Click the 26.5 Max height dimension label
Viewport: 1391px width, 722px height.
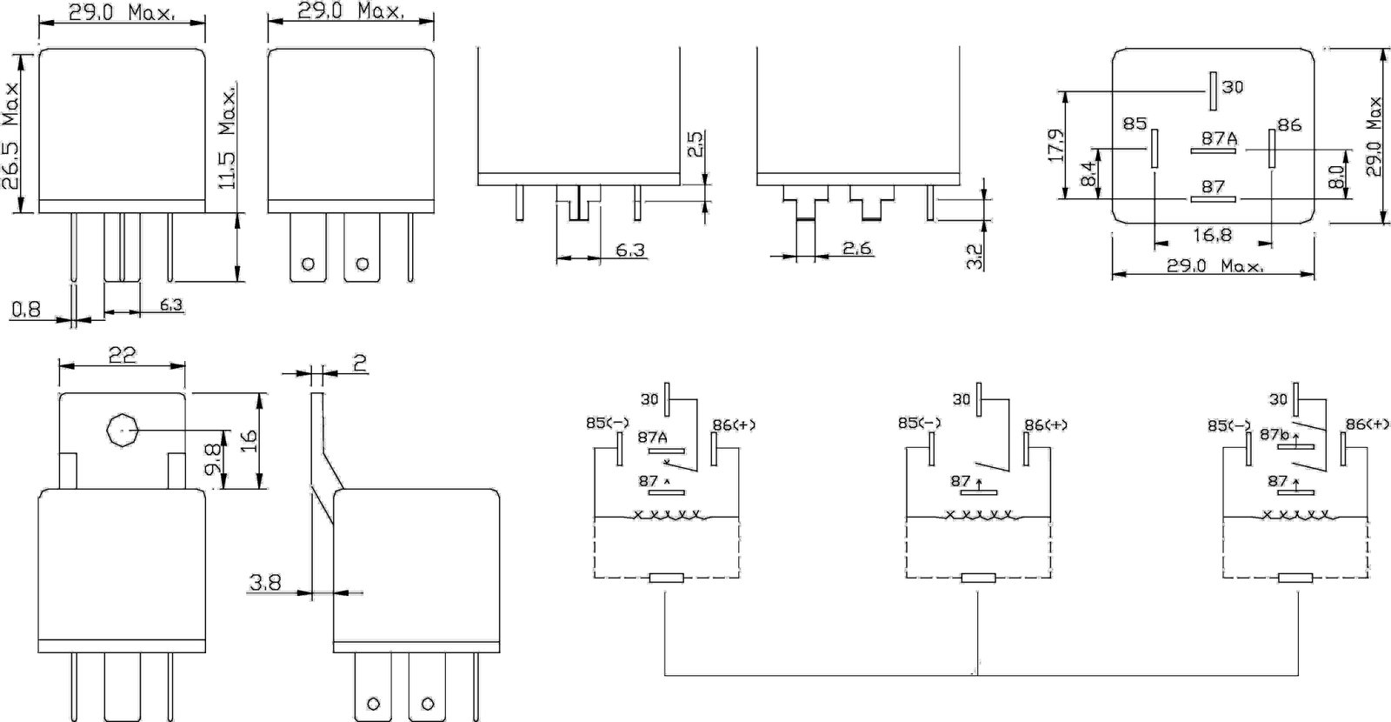click(x=10, y=137)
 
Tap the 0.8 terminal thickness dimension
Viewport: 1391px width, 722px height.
click(x=26, y=309)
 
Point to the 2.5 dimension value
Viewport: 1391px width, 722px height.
click(x=696, y=144)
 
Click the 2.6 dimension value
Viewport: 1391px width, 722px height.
click(x=857, y=249)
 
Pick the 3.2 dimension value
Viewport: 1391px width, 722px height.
click(x=975, y=257)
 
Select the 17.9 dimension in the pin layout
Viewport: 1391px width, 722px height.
click(x=1055, y=145)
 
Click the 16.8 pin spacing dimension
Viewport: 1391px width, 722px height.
click(x=1213, y=235)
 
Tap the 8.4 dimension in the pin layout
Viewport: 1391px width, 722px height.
click(x=1088, y=173)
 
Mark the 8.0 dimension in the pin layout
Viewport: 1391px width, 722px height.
click(x=1336, y=176)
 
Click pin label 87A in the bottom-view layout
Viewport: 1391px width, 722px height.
click(x=1219, y=138)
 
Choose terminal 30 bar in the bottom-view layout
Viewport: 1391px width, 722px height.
click(x=1213, y=91)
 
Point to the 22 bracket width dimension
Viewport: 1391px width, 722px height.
click(x=123, y=355)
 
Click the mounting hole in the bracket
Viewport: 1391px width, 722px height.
click(x=121, y=430)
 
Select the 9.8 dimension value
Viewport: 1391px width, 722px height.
click(x=213, y=459)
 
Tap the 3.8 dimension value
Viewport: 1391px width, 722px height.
click(x=265, y=583)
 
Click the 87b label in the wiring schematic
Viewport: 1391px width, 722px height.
click(x=1275, y=434)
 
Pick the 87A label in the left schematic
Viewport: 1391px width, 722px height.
click(x=653, y=438)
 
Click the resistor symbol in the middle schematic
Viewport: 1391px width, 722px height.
click(x=978, y=578)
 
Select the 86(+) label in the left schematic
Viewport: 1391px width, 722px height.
click(x=734, y=425)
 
